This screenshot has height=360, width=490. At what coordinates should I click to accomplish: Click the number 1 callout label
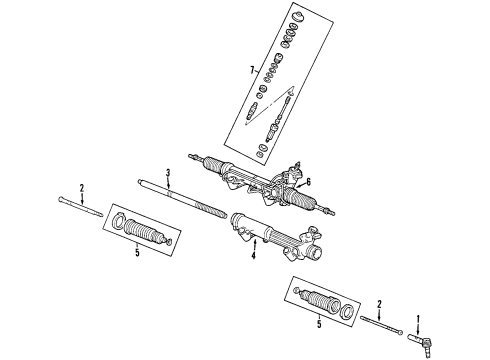(418, 320)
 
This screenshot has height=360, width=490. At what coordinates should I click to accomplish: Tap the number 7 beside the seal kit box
(252, 70)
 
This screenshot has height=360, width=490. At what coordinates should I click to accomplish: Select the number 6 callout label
(308, 182)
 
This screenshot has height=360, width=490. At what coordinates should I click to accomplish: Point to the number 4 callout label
(253, 256)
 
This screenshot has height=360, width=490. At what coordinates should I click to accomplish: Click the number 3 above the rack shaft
(168, 173)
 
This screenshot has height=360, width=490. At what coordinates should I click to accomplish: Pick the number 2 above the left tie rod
(82, 188)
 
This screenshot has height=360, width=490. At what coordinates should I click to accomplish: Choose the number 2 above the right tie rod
(379, 304)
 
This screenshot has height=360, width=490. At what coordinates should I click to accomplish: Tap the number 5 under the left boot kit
(137, 253)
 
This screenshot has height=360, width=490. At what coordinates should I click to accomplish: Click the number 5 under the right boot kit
(319, 324)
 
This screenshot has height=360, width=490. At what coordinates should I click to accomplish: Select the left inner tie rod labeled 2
(80, 207)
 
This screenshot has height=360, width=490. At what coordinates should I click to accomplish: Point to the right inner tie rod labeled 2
(382, 325)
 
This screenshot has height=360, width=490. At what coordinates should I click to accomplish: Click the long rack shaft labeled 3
(182, 199)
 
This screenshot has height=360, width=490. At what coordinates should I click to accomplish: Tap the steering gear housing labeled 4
(277, 237)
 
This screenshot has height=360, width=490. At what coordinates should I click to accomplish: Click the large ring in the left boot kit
(118, 222)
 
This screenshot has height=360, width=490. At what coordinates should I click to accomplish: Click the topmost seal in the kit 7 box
(297, 17)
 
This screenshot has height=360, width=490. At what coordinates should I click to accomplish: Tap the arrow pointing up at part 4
(254, 245)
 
